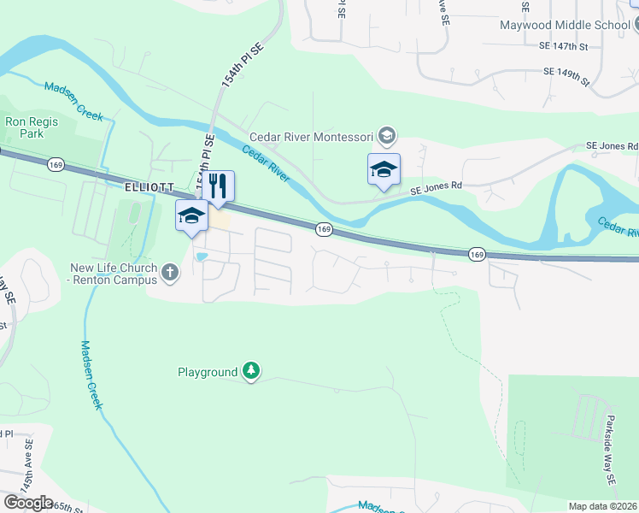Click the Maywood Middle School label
coord(565,25)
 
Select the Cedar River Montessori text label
coord(312,136)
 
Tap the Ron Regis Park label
coord(32,127)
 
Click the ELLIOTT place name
coord(149,186)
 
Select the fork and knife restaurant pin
coord(218,186)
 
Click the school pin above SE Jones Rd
coord(384,168)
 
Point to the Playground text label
coord(207,372)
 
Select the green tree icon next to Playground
coord(251,370)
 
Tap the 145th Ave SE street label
coord(30,469)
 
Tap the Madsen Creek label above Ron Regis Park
coord(73,98)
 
